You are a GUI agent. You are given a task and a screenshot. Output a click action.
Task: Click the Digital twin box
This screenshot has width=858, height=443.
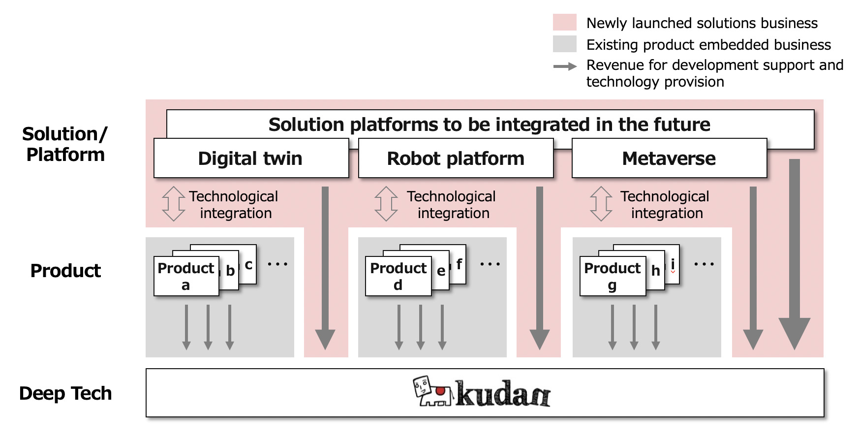tap(251, 158)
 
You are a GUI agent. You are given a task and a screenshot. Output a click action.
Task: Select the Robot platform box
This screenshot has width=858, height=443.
tap(456, 158)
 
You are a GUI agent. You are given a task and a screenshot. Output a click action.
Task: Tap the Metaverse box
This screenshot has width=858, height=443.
tap(669, 158)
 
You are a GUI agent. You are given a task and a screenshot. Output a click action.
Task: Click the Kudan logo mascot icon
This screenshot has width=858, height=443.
tap(432, 391)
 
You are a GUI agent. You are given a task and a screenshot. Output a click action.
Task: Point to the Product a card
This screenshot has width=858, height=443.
tap(186, 276)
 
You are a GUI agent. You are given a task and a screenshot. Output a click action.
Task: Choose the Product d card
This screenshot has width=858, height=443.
tap(398, 276)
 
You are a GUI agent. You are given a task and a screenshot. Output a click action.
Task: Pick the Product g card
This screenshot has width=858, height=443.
tap(612, 276)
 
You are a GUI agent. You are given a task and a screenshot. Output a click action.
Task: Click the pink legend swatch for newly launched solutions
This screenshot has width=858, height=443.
tap(564, 23)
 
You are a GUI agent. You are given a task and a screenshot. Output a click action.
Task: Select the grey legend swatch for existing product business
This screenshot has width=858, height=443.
tap(564, 44)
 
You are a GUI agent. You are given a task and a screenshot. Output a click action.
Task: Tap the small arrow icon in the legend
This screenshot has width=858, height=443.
tap(565, 66)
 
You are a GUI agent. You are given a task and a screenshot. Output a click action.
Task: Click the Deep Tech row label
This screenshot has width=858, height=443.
tap(65, 393)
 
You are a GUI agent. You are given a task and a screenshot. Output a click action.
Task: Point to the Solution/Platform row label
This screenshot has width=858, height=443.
tap(65, 144)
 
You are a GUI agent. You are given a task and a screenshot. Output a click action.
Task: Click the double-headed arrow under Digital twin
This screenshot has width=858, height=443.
tap(173, 204)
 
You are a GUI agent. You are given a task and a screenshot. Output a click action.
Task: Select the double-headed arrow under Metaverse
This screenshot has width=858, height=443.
tap(601, 204)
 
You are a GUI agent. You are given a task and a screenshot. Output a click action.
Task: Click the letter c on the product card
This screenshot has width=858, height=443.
tap(248, 264)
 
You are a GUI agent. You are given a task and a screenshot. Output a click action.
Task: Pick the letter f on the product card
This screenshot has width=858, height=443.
tap(459, 264)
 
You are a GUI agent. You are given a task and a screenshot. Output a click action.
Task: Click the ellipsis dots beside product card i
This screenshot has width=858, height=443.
tap(704, 264)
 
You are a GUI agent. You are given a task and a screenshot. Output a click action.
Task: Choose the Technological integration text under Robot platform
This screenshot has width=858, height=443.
tap(452, 205)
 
